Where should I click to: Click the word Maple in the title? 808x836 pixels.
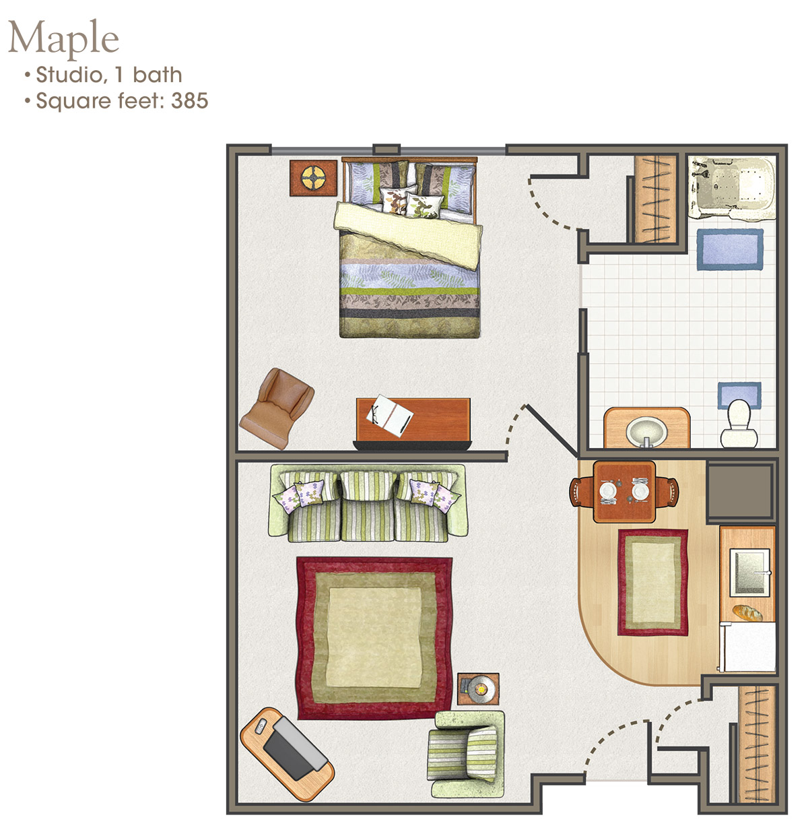[63, 38]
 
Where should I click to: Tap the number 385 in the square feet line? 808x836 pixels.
[189, 101]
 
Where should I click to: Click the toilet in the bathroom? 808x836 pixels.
[739, 424]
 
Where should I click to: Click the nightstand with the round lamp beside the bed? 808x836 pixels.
[313, 178]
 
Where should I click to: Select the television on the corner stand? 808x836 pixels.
[292, 746]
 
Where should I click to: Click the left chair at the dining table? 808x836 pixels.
[582, 491]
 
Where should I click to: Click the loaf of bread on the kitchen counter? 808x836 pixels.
[747, 612]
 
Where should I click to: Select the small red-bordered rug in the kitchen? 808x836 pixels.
[652, 582]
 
